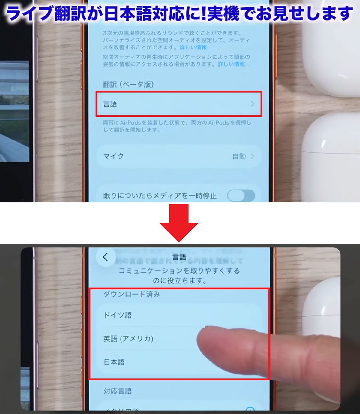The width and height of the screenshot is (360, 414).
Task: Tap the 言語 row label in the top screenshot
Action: (x=110, y=104)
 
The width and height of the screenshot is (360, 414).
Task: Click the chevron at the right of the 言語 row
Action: (x=253, y=104)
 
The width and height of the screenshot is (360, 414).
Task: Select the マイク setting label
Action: (x=113, y=156)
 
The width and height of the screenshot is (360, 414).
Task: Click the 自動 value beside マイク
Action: (x=239, y=156)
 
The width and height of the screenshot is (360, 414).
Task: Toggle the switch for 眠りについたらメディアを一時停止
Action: (x=241, y=196)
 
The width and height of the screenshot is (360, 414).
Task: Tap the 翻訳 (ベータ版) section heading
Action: (x=128, y=85)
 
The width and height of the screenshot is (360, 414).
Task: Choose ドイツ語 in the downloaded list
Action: (x=118, y=315)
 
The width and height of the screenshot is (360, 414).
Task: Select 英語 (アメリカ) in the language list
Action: (x=128, y=339)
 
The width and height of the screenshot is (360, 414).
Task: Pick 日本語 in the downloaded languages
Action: (x=114, y=362)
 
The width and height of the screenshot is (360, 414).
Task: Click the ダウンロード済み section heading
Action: (x=132, y=294)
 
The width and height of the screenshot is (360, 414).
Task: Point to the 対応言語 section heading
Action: (x=118, y=391)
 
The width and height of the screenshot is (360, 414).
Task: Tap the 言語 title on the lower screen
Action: (x=179, y=257)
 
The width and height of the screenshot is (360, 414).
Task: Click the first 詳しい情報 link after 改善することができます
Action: (x=195, y=47)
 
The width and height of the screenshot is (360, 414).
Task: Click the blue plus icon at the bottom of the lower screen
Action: (x=250, y=409)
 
